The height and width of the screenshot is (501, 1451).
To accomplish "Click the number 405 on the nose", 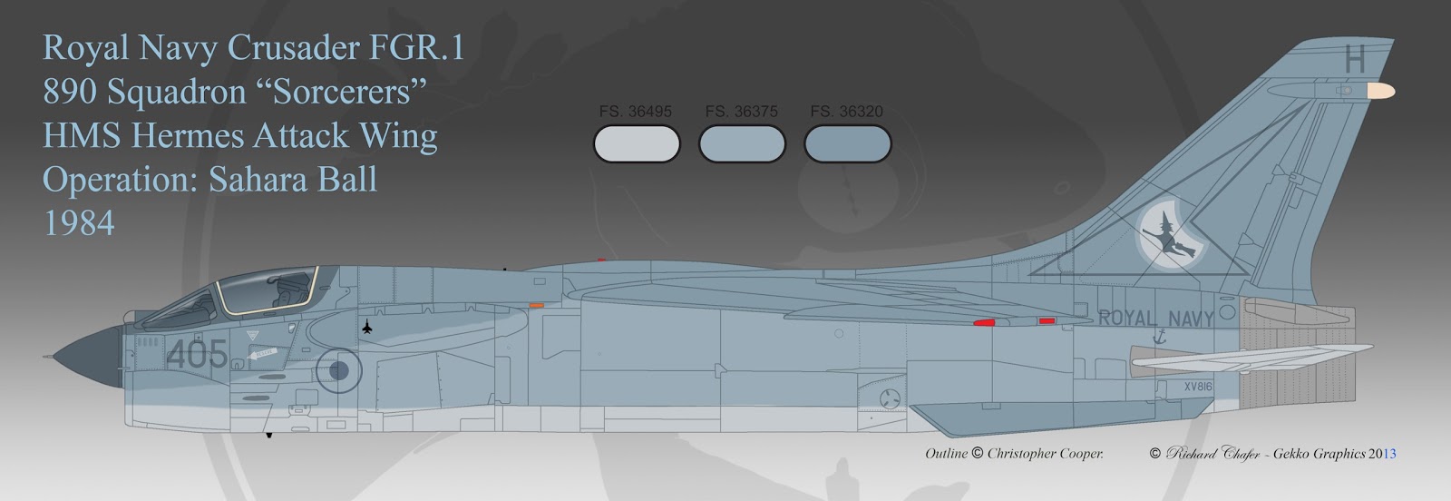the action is point(197,354).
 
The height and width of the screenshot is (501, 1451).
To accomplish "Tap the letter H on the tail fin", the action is point(1354,60).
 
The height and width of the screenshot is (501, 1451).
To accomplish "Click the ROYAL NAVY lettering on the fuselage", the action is point(1155,319).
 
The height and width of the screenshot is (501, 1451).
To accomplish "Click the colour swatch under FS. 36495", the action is point(636,144).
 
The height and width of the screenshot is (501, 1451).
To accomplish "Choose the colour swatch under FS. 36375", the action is point(742,144).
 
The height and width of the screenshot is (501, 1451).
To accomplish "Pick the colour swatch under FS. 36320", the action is point(847,144).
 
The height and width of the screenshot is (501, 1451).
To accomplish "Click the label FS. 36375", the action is point(741,112).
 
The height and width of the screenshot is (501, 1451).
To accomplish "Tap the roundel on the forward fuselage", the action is point(338,369).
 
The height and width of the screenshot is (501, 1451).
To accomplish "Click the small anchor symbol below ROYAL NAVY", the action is point(1158,338).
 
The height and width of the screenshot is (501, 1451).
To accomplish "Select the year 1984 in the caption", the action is point(79,223).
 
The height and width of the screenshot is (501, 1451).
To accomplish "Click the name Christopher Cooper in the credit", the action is point(1045,454).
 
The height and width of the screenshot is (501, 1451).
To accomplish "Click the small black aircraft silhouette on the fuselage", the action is point(366,327).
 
